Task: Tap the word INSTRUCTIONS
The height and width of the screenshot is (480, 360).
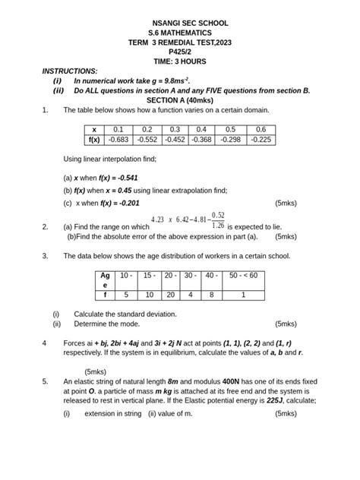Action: [70, 71]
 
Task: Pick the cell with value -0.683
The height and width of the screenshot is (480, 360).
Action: [118, 140]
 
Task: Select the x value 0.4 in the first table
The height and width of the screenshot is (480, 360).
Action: [201, 130]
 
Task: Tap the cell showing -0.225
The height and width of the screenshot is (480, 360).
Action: [261, 140]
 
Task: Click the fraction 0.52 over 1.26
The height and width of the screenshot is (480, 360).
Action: [218, 219]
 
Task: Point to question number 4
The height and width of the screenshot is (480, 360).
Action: [45, 343]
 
